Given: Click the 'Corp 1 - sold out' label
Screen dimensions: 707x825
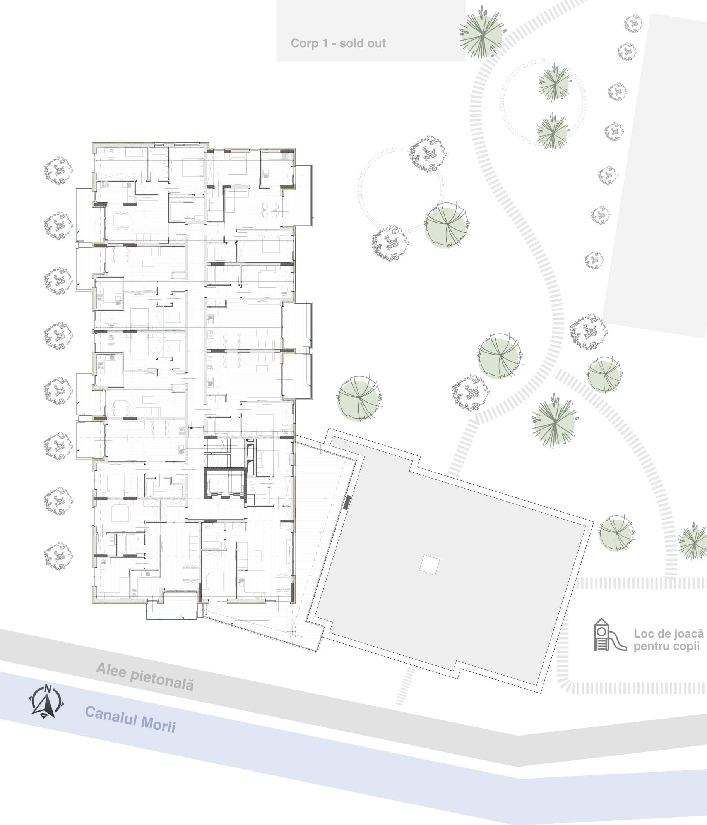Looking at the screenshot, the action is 338,43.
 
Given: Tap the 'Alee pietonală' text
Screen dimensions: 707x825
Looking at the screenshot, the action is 145,676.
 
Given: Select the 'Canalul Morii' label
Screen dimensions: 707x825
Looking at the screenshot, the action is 130,719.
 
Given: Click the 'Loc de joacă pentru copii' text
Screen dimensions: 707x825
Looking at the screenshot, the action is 668,640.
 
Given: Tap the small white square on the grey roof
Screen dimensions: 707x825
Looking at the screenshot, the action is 430,564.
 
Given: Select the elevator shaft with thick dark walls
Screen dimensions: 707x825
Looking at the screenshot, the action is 224,484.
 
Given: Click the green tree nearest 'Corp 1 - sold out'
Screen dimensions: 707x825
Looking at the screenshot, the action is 482,34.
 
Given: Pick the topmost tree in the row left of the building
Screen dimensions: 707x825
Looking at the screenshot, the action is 58,170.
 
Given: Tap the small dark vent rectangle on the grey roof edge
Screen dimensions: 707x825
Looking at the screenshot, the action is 347,502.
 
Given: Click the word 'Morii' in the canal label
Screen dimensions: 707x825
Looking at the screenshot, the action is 158,723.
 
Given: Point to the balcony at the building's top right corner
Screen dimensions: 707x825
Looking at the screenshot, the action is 303,195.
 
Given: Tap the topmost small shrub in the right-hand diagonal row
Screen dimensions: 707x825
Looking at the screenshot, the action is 633,24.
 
